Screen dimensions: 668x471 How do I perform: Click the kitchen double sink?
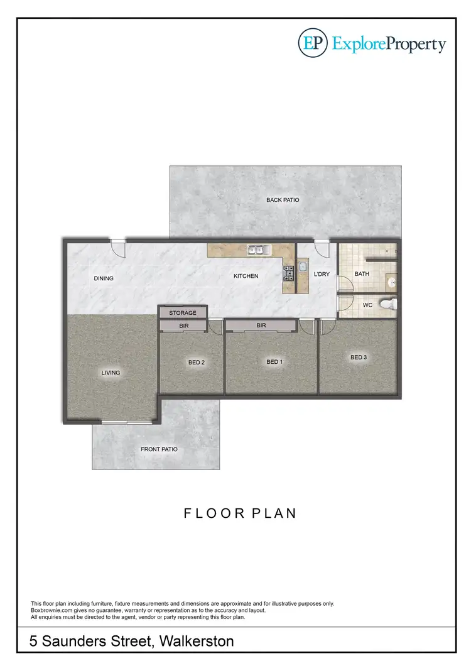258,250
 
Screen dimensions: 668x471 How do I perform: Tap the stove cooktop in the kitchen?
289,272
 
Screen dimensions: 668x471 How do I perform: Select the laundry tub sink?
302,266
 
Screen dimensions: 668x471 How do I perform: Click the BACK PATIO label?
283,200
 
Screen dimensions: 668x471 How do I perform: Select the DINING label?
104,278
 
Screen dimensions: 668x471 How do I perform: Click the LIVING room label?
111,373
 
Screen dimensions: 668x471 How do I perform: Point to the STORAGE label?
183,312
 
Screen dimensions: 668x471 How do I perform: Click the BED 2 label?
197,363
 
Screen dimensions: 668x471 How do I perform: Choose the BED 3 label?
359,358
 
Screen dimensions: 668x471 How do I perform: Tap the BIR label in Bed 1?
261,326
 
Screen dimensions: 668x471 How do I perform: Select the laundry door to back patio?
322,249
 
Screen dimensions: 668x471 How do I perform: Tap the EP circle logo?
312,43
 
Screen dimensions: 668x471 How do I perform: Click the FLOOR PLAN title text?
240,513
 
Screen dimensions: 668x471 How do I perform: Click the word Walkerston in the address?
197,642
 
